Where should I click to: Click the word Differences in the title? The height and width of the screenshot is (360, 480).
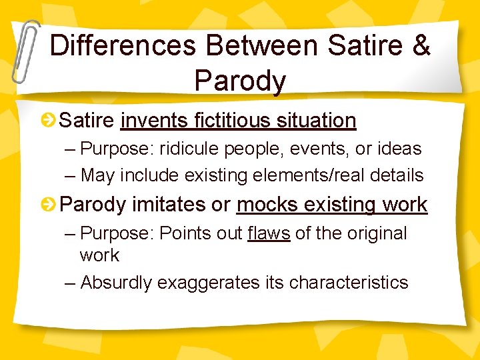[122, 45]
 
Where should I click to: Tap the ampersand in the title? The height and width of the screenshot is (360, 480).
[422, 45]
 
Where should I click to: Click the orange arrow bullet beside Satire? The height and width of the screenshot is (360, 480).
[49, 121]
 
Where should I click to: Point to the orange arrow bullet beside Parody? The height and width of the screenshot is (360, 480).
[49, 205]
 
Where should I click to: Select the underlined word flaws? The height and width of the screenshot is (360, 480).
[268, 233]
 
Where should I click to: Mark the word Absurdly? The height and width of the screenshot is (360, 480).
[116, 283]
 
